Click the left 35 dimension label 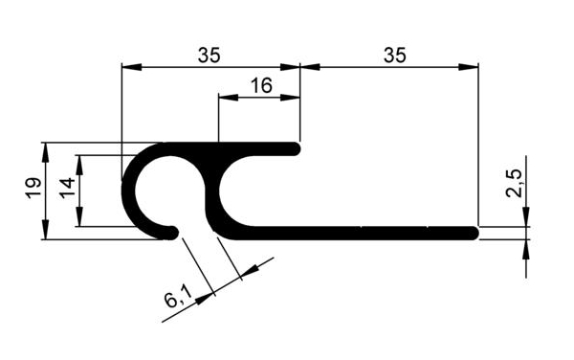[x=210, y=56]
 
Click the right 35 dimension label [x=395, y=56]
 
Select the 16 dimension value [x=261, y=86]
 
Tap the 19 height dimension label [x=33, y=188]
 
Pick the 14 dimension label [x=68, y=188]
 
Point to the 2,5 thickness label [x=514, y=184]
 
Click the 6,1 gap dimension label [x=178, y=297]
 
